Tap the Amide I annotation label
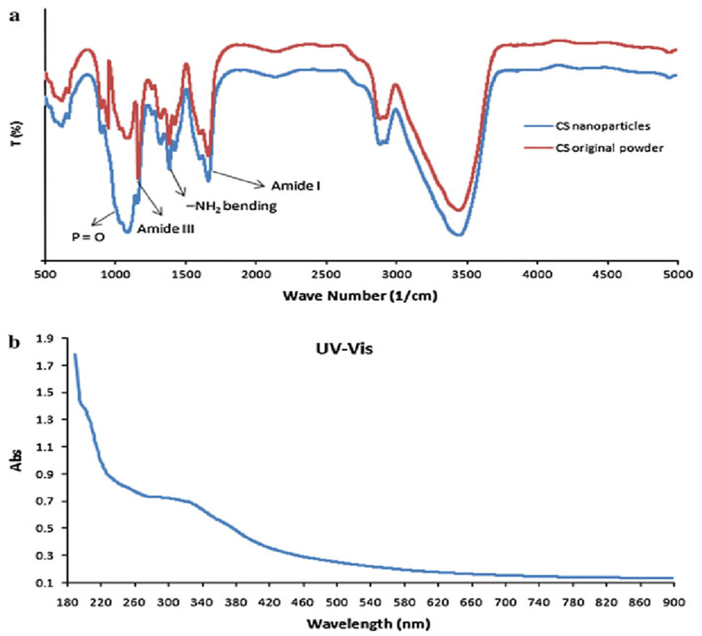point(296,186)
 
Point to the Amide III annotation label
point(166,229)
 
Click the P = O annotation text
point(88,237)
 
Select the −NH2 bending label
point(231,206)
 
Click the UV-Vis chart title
point(344,349)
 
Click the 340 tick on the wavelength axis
point(202,602)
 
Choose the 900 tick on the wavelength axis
point(674,602)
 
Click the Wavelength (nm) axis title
point(368,623)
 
